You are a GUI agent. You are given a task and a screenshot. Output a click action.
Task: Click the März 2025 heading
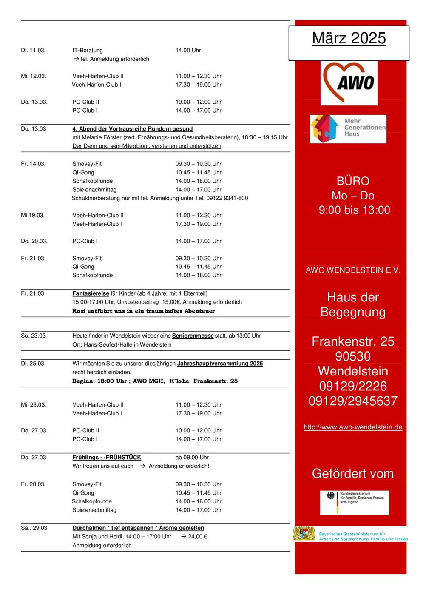coord(349,38)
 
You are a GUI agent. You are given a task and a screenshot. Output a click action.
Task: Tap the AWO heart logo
coord(349,82)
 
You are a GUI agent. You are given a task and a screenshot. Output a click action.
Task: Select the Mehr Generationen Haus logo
coord(348,128)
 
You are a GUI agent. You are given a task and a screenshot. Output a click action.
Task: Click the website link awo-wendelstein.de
coord(353,427)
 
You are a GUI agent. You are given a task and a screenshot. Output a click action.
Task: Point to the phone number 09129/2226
coord(353,386)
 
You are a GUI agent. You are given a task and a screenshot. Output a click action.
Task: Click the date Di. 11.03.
coord(33,50)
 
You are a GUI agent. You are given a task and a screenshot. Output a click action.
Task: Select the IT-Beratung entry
coord(88,50)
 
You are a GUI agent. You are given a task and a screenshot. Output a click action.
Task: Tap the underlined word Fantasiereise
coord(91,293)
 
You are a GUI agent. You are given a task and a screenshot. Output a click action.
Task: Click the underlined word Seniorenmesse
coord(193,336)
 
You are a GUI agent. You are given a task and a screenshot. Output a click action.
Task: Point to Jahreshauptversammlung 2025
coord(220,364)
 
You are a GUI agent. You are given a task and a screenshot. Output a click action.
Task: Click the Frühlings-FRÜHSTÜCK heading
coord(107,458)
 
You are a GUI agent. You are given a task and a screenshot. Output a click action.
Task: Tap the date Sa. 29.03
coord(34,528)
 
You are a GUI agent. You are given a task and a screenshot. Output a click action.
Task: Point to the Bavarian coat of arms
coord(304,534)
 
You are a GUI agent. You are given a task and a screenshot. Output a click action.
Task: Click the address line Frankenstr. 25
coord(353,341)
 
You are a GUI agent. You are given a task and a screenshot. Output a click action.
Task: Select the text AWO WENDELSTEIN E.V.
coord(353,270)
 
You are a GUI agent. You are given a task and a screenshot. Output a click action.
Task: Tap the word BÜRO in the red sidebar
coord(353,181)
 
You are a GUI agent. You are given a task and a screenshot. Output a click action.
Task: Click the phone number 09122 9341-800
coord(227,198)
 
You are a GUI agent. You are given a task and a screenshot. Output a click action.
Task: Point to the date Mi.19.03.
coord(33,215)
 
